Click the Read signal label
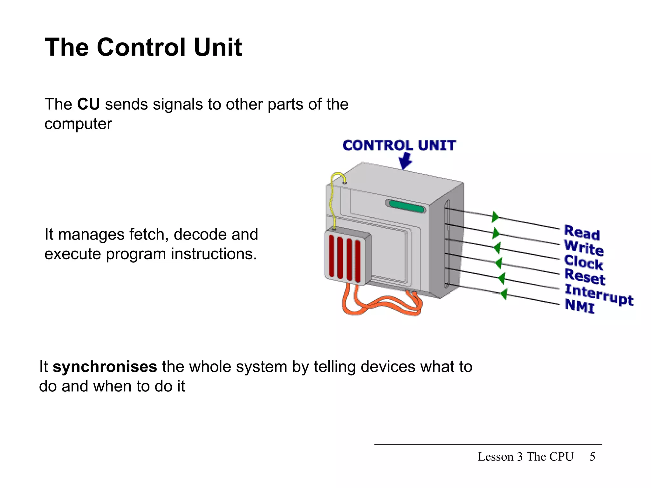[x=582, y=233]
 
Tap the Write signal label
[x=584, y=248]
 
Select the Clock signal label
[x=583, y=262]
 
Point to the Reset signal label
[x=585, y=277]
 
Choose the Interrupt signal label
[x=599, y=295]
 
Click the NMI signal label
[x=580, y=306]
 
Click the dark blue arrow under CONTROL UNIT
[x=405, y=161]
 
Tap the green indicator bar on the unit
[x=406, y=207]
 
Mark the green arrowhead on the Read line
[x=495, y=217]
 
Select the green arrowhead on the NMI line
[x=504, y=294]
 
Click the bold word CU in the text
[x=88, y=104]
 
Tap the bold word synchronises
[x=105, y=367]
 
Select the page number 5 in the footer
[x=592, y=457]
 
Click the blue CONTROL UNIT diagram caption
[x=399, y=146]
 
